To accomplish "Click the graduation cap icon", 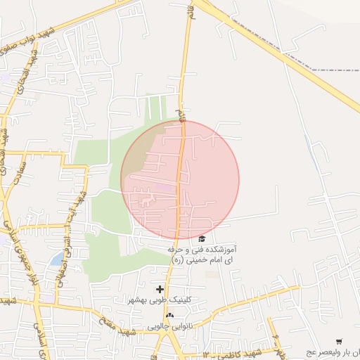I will (x=202, y=239).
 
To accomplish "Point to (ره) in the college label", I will (x=177, y=260).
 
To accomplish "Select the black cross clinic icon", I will (x=160, y=289).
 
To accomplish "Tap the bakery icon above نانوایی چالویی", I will (x=169, y=316).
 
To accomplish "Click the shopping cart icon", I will (x=339, y=341).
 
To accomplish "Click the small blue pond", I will (x=56, y=260).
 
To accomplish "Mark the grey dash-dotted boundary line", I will (x=330, y=70).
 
